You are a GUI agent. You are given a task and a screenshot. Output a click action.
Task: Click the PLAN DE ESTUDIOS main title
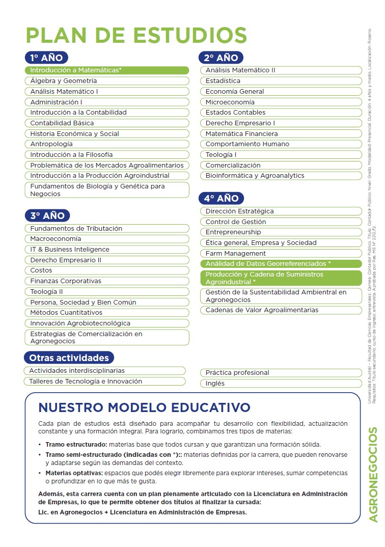(136, 36)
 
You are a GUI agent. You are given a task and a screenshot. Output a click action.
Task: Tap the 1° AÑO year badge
(46, 58)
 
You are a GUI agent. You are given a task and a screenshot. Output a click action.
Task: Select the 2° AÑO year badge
(221, 58)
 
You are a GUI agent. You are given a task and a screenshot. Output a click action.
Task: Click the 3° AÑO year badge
(46, 215)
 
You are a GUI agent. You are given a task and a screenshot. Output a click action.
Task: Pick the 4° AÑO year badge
(221, 198)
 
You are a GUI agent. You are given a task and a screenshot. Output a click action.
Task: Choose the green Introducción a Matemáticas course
(106, 70)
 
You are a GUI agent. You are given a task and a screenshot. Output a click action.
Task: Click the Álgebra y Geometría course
(106, 81)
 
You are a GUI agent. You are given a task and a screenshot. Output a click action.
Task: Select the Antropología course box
(106, 144)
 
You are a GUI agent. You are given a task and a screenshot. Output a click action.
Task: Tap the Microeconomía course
(281, 102)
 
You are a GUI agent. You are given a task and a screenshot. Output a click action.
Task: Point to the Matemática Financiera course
(281, 133)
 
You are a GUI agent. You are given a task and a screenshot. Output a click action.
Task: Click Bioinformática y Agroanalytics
(281, 176)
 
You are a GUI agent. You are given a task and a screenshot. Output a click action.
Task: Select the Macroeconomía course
(106, 239)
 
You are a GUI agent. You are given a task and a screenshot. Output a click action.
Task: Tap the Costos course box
(106, 270)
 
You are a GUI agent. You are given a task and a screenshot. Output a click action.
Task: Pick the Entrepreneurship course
(281, 232)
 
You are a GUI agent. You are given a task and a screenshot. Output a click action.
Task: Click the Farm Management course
(281, 253)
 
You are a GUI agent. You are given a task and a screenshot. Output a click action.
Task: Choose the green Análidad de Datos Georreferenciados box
(281, 264)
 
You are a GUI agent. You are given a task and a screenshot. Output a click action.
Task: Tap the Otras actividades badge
(69, 358)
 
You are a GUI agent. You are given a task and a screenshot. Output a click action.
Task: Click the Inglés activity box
(281, 383)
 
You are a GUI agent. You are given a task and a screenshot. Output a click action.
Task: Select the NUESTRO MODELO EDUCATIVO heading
(144, 407)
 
